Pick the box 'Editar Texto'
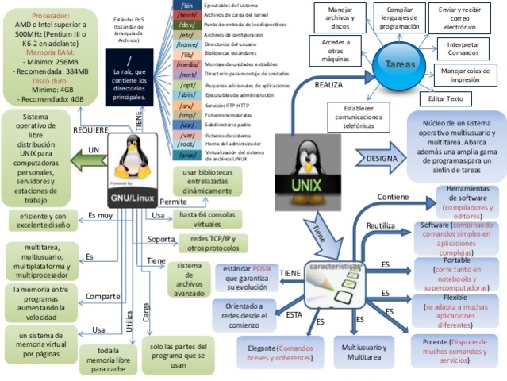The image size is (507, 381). click(445, 98)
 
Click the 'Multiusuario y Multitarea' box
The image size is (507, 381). click(363, 352)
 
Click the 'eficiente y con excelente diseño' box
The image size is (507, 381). click(41, 221)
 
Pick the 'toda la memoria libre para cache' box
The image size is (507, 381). click(106, 358)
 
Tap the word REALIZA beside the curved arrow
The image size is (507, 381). click(328, 83)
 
